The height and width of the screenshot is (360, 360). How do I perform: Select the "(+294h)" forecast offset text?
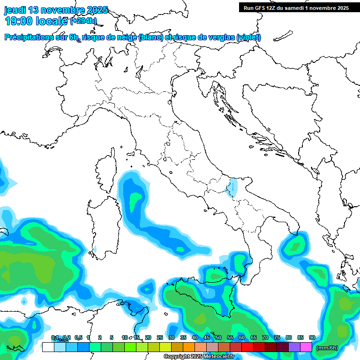pyautogui.click(x=83, y=21)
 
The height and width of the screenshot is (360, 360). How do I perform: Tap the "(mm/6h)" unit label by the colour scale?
pyautogui.click(x=327, y=348)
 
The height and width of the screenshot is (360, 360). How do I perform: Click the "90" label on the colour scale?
pyautogui.click(x=312, y=337)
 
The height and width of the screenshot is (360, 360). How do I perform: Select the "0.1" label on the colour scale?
pyautogui.click(x=54, y=337)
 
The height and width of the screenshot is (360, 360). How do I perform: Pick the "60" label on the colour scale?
pyautogui.click(x=241, y=337)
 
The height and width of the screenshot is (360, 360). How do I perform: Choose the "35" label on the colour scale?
pyautogui.click(x=183, y=337)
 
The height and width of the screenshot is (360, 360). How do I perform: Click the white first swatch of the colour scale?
pyautogui.click(x=48, y=347)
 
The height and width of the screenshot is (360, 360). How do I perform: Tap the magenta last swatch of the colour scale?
pyautogui.click(x=306, y=347)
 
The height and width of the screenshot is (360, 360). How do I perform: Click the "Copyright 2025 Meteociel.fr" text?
pyautogui.click(x=199, y=357)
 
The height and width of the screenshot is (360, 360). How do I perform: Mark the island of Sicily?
pyautogui.click(x=202, y=300)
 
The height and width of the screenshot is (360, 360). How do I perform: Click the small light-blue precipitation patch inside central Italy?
pyautogui.click(x=232, y=188)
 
